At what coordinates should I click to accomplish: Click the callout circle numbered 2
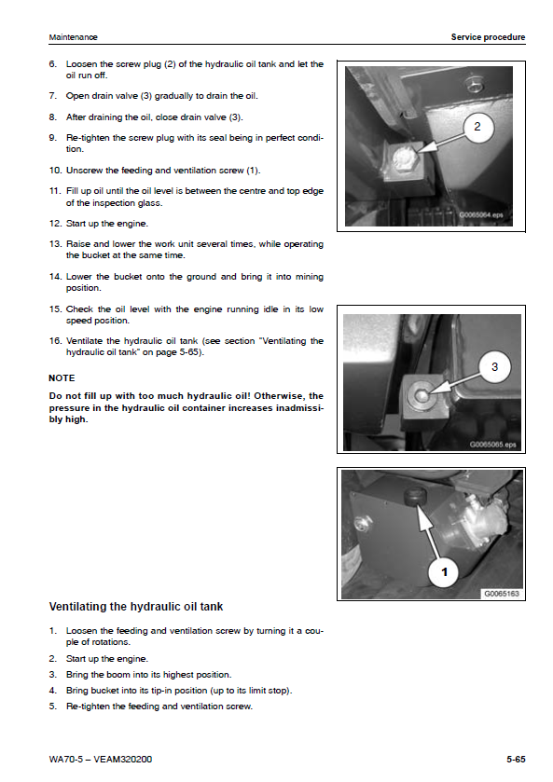(x=477, y=127)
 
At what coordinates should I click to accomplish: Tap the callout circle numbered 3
(x=494, y=367)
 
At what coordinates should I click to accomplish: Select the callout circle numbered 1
(x=444, y=571)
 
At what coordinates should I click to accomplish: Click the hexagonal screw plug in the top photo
(x=405, y=158)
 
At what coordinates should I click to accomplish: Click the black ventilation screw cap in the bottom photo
(x=415, y=497)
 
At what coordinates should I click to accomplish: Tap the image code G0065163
(x=502, y=594)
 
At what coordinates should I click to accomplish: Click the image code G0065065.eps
(x=492, y=445)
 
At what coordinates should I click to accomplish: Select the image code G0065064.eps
(x=481, y=215)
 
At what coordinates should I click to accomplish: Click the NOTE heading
(x=62, y=378)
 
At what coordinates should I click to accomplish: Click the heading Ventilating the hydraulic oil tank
(x=136, y=607)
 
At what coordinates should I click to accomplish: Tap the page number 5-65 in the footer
(x=516, y=759)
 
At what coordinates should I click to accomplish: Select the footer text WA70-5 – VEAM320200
(x=101, y=759)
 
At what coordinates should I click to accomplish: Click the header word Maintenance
(x=73, y=37)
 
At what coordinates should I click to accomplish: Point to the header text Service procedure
(x=488, y=37)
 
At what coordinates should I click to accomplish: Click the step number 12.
(x=55, y=224)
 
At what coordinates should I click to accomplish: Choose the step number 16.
(x=55, y=340)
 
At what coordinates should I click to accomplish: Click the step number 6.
(x=53, y=63)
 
